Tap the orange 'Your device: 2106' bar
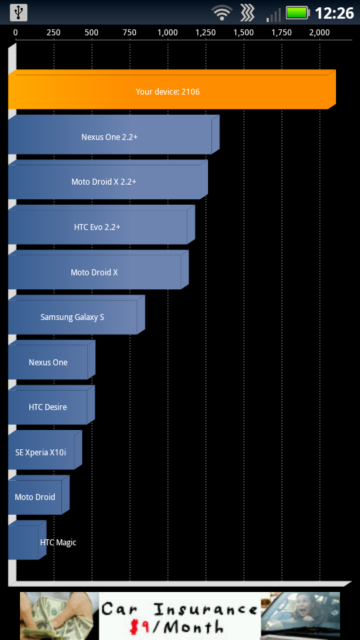click(172, 89)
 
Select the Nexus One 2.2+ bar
click(114, 135)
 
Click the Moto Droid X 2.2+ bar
click(108, 179)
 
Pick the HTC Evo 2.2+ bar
click(101, 225)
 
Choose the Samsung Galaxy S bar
click(77, 315)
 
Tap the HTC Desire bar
click(51, 405)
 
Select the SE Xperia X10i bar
click(45, 450)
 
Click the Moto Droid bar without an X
click(39, 495)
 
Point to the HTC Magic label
click(58, 543)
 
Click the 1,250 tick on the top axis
click(206, 33)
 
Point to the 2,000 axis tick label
click(319, 33)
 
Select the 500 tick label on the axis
click(92, 33)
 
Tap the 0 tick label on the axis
click(15, 33)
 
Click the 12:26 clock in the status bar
click(334, 13)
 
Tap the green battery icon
click(298, 13)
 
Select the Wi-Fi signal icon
click(221, 13)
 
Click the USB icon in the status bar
click(19, 13)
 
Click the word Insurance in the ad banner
click(205, 609)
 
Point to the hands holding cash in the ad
click(59, 616)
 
